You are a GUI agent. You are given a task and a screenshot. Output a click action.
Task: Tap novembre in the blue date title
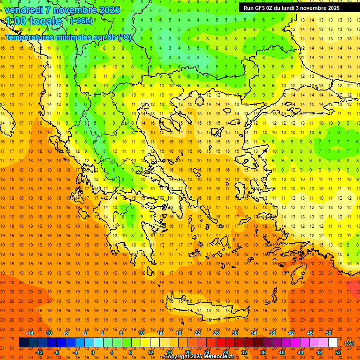[x=75, y=10]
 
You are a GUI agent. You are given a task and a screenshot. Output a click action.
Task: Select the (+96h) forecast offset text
[x=81, y=21]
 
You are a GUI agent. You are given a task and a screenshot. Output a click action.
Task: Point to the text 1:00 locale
[x=34, y=21]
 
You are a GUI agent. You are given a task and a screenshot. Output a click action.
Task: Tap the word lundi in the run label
[x=299, y=8]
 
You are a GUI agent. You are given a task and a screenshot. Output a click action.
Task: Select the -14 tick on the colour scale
[x=30, y=332]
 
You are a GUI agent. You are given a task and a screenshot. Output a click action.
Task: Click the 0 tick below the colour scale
[x=92, y=352]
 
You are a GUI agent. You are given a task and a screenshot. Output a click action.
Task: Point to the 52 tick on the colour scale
[x=338, y=352]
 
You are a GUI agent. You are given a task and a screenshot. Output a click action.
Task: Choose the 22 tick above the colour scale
[x=197, y=332]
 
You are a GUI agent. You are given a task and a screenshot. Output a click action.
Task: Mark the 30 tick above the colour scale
[x=235, y=332]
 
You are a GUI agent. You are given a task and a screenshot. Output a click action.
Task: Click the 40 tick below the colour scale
[x=282, y=352]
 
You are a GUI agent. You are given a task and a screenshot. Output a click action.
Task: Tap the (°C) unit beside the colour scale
[x=349, y=343]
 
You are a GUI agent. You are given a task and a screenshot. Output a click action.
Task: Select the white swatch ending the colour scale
[x=333, y=343]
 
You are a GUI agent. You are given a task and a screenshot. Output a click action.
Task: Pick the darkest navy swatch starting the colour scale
[x=23, y=343]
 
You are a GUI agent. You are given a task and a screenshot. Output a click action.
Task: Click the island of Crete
[x=206, y=310]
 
